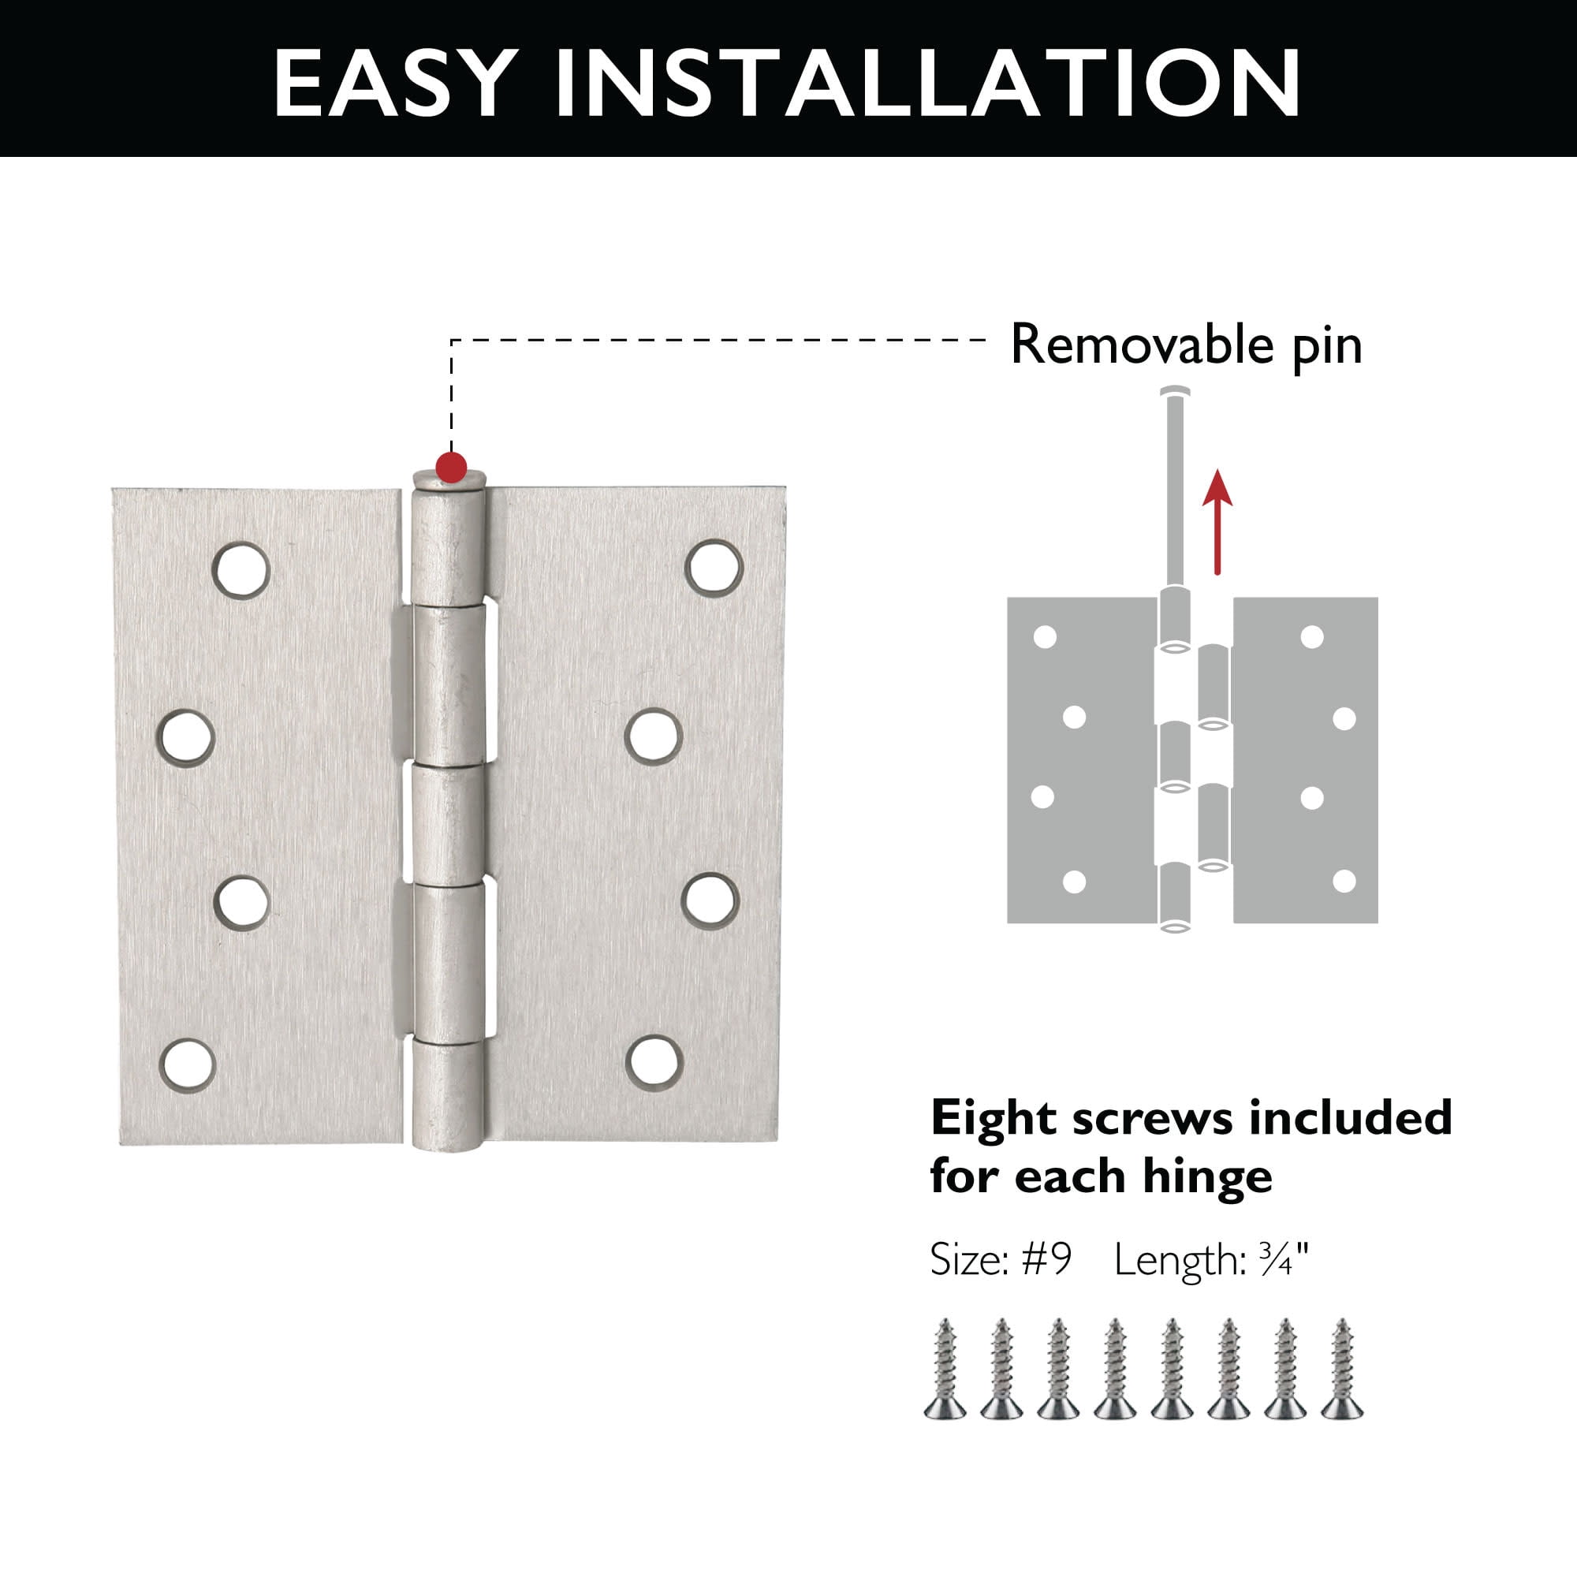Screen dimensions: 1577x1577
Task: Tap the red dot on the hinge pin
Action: pos(451,468)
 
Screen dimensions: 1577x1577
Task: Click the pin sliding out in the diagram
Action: pos(1176,486)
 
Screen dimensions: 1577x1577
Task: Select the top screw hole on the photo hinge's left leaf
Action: pos(241,569)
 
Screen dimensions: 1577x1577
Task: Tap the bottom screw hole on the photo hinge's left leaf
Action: pos(187,1065)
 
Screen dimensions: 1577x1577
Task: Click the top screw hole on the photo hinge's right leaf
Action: pos(714,565)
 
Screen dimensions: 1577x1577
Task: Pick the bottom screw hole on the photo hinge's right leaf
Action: pos(654,1062)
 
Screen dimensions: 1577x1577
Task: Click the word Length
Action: pos(1179,1262)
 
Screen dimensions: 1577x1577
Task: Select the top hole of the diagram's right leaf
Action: pos(1312,636)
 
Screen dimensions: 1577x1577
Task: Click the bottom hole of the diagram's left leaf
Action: pos(1075,882)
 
